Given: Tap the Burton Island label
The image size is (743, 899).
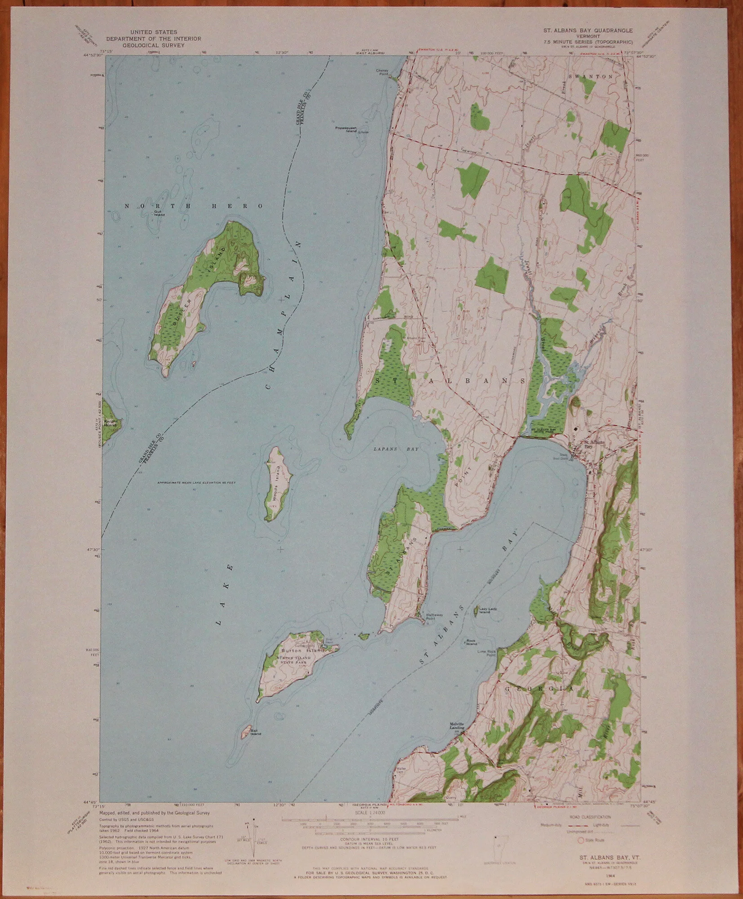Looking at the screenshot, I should click(x=296, y=650).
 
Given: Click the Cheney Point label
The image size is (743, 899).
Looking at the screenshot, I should click(x=382, y=71).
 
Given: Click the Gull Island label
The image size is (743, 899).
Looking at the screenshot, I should click(x=159, y=213).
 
